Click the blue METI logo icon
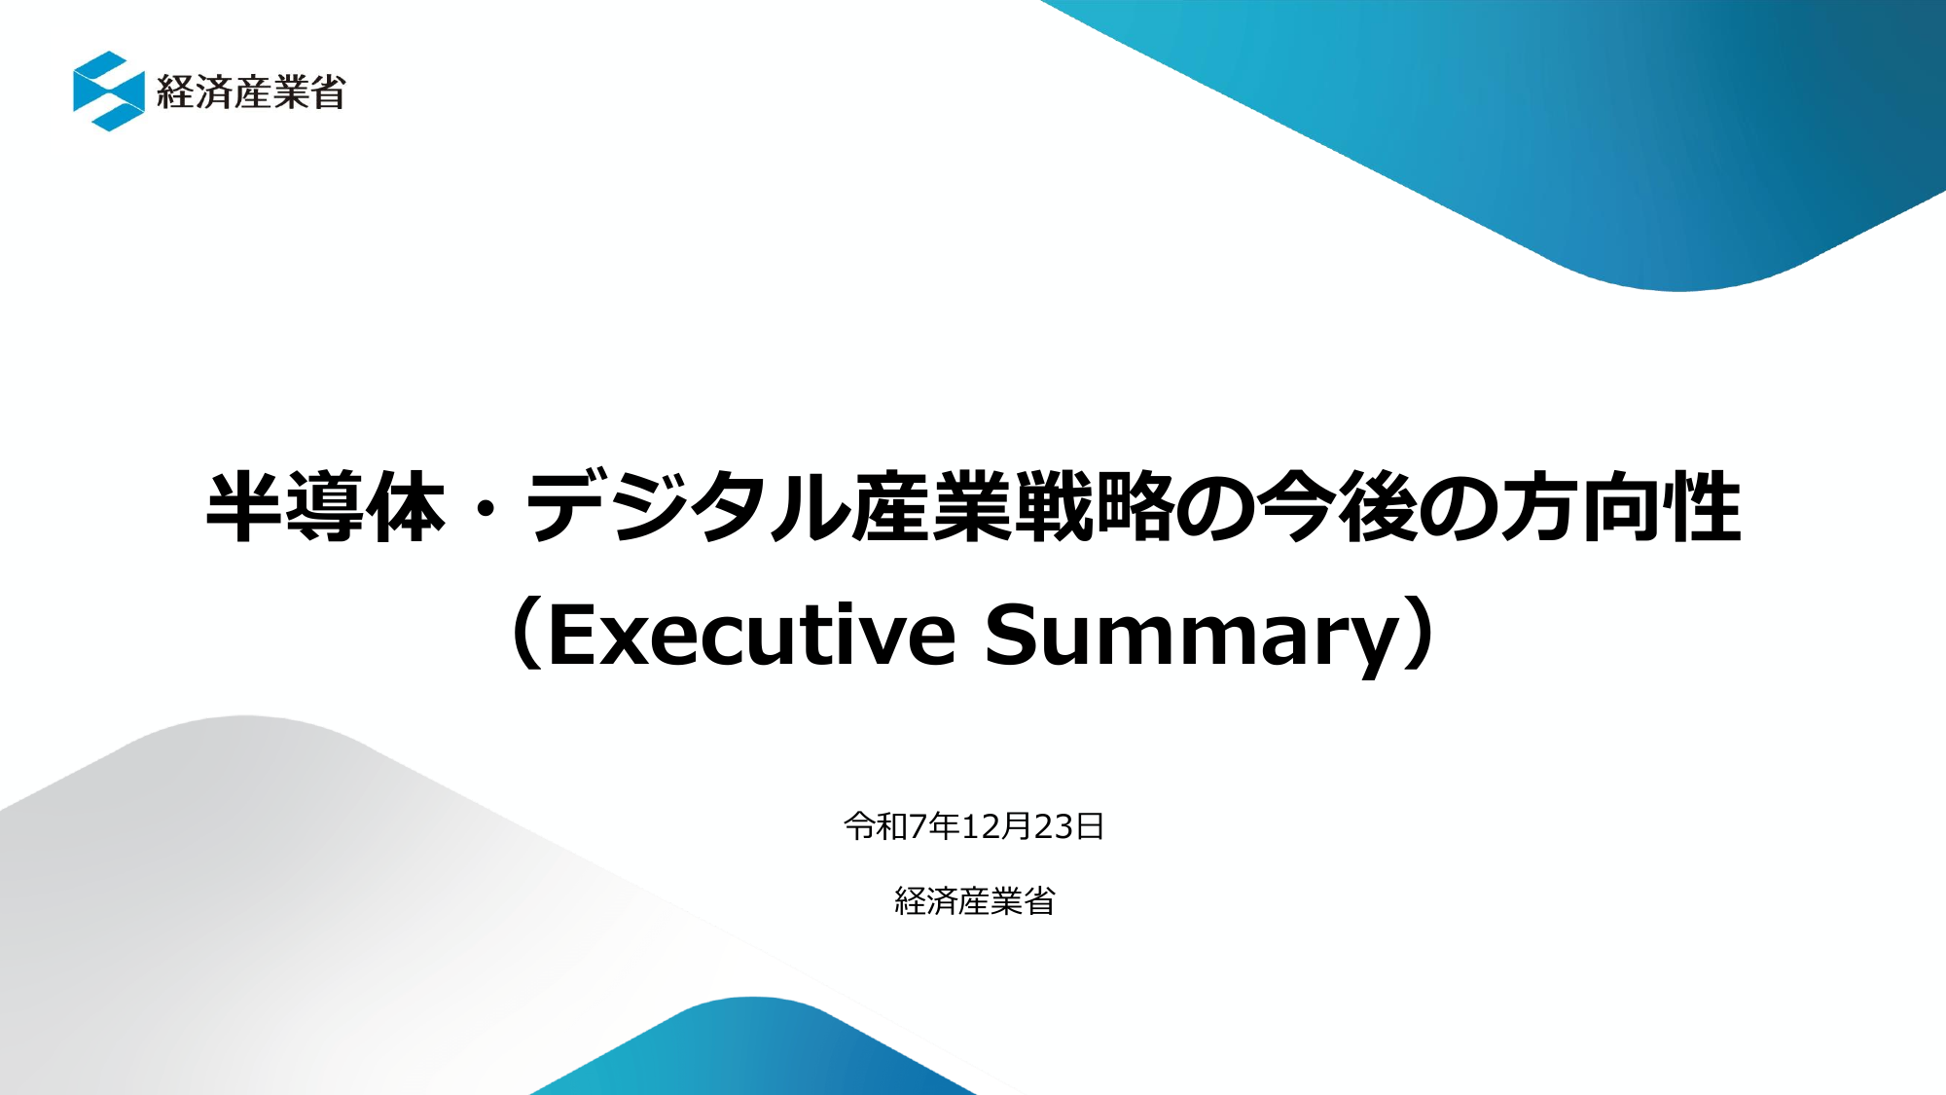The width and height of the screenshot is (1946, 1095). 108,91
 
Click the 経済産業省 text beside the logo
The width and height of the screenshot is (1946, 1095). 250,92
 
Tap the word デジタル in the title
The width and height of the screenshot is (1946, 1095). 687,507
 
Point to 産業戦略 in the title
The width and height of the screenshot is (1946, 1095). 1013,507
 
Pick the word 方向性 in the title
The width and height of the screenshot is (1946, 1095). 1620,507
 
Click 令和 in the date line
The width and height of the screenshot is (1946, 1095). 876,826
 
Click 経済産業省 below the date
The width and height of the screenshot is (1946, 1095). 974,901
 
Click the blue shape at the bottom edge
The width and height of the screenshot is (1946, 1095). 754,1051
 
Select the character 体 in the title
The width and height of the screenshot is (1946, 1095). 407,507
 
